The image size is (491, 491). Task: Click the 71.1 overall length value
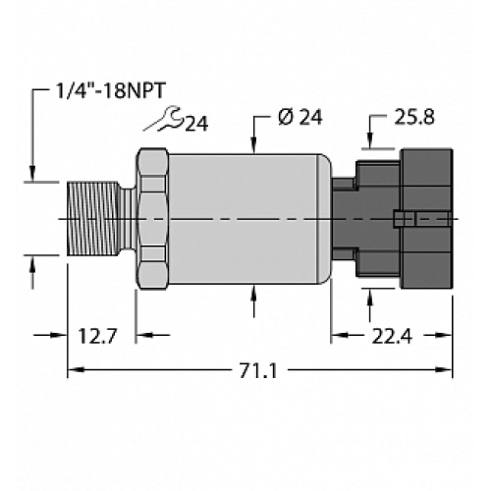tap(256, 371)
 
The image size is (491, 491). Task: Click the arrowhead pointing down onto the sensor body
tap(256, 147)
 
